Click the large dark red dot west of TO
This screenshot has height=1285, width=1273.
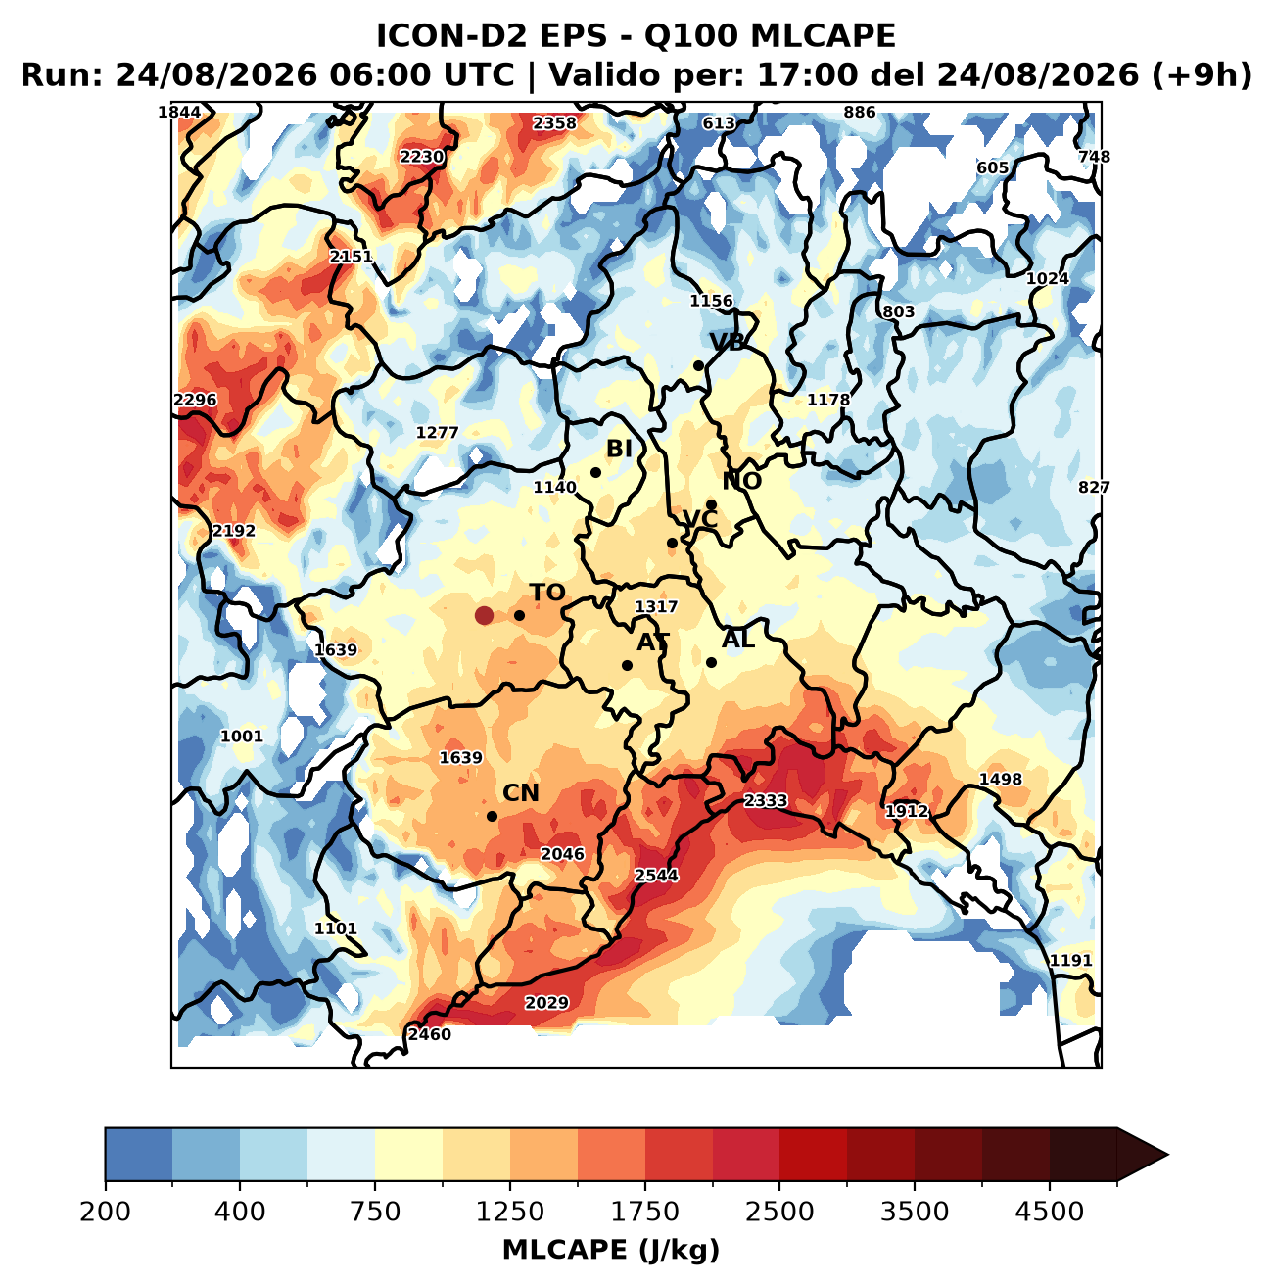coord(484,615)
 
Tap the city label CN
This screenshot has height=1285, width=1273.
coord(520,793)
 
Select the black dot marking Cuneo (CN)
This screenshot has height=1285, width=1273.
coord(492,816)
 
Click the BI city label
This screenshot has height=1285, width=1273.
coord(619,449)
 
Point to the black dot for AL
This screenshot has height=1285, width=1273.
coord(711,663)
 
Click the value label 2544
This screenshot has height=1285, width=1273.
coord(656,875)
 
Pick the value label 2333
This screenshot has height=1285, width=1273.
coord(766,800)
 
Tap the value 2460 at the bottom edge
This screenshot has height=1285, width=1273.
coord(430,1034)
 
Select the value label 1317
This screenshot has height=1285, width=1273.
coord(656,607)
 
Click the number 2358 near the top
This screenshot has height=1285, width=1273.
coord(555,122)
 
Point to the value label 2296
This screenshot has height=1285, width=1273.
coord(195,400)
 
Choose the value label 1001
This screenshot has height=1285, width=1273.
coord(242,737)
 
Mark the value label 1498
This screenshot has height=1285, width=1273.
coord(1000,779)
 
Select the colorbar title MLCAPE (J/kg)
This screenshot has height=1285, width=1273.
coord(611,1250)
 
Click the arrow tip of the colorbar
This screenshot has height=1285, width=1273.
coord(1167,1155)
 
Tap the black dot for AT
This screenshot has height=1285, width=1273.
coord(627,665)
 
